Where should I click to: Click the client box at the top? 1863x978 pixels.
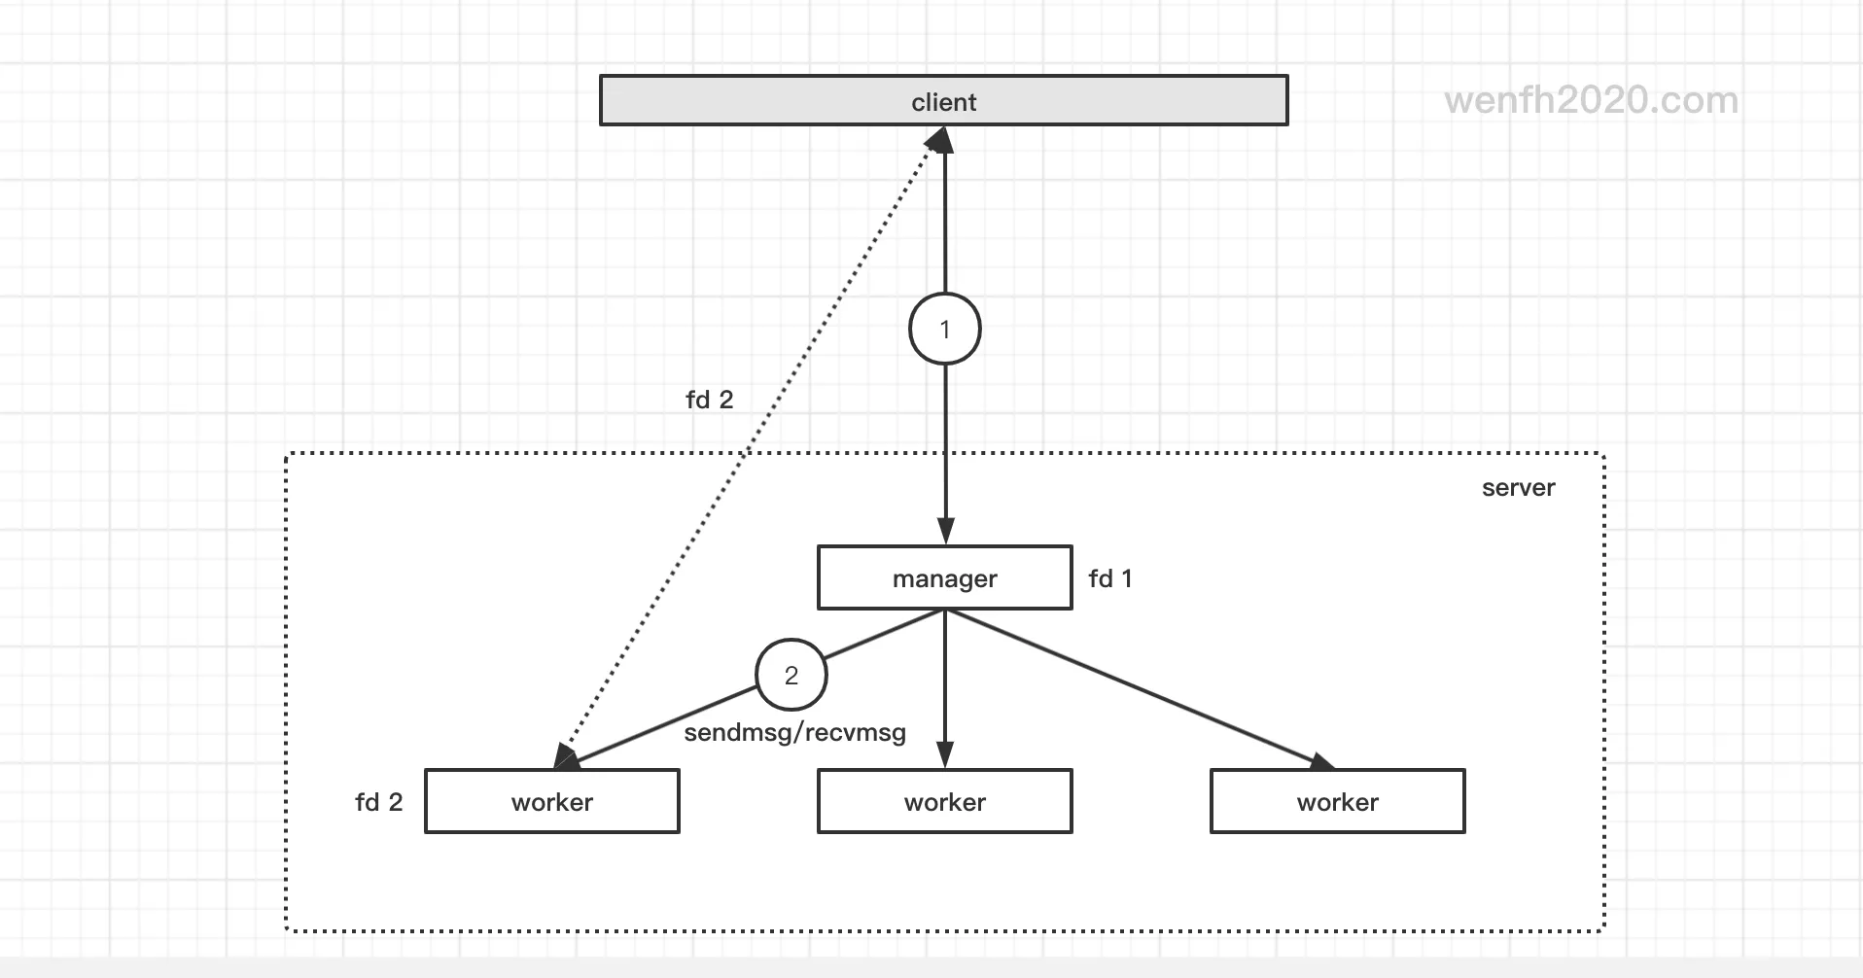[943, 101]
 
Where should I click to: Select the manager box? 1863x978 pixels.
[944, 578]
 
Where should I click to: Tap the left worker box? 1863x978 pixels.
[551, 802]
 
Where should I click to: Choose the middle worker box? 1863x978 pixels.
[944, 802]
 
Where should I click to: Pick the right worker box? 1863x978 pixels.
[1337, 802]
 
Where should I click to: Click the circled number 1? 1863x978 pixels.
[944, 330]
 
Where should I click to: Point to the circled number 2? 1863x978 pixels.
[791, 675]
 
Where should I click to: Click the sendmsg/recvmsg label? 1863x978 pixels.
[794, 733]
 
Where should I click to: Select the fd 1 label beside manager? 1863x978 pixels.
[1109, 578]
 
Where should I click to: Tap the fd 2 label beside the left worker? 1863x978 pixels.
[378, 802]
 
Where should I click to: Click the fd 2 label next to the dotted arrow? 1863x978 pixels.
[709, 400]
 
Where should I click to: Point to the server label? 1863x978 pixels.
[1518, 488]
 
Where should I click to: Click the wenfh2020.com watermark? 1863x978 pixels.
[1591, 100]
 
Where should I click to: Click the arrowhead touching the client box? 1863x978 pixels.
[941, 141]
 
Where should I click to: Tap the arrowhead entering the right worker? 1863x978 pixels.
[1321, 761]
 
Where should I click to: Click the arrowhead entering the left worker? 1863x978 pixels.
[566, 757]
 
